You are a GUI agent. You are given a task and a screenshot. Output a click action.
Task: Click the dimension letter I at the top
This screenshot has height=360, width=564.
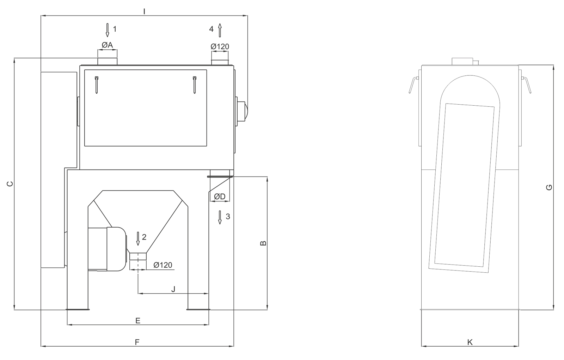[144, 11]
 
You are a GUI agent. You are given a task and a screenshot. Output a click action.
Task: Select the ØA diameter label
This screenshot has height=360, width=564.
[107, 45]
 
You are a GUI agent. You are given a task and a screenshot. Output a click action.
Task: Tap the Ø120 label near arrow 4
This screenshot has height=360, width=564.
[220, 46]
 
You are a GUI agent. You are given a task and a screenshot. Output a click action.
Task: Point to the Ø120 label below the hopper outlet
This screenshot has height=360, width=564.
[163, 265]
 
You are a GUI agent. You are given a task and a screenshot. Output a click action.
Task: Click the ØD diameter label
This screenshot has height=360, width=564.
[220, 197]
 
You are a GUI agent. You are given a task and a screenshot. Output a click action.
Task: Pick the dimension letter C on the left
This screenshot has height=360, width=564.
[10, 184]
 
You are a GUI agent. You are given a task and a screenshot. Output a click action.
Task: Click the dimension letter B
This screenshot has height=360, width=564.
[263, 243]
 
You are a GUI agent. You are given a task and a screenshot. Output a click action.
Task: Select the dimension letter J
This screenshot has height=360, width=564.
[173, 289]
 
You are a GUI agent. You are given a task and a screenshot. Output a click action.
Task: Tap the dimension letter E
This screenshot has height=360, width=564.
[138, 321]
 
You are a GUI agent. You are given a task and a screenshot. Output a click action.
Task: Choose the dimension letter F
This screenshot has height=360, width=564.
[137, 342]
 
